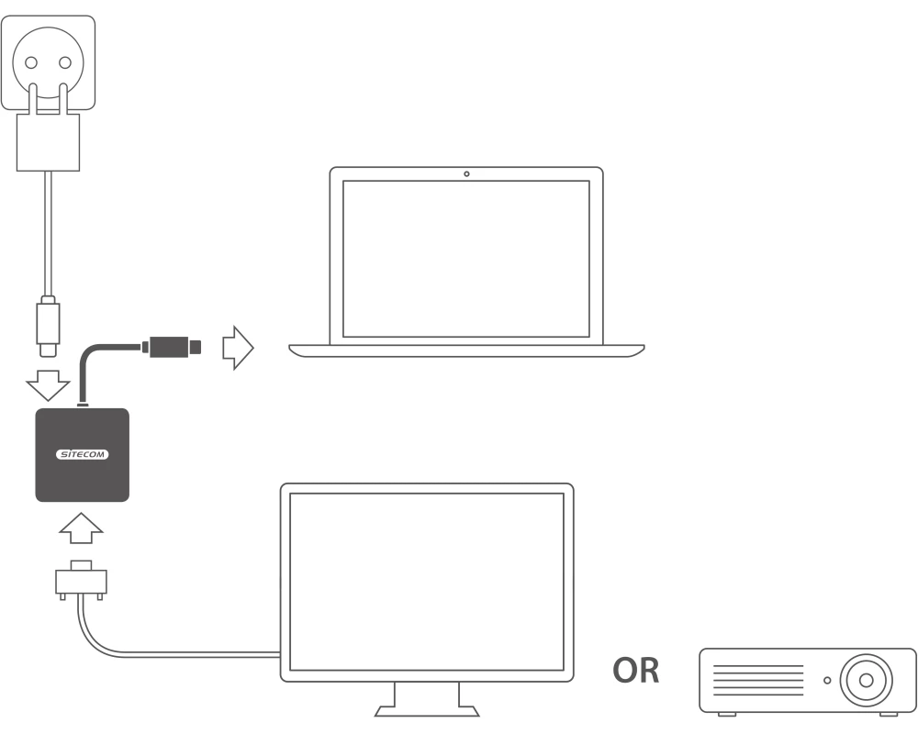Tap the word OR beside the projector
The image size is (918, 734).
point(637,670)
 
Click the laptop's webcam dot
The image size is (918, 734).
point(466,173)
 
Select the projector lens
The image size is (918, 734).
point(865,681)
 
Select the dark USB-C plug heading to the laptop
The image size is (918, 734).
point(171,348)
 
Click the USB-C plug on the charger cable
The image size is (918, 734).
point(48,327)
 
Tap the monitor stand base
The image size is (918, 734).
point(428,707)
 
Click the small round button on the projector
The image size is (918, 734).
point(827,681)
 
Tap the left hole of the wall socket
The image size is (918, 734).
point(32,63)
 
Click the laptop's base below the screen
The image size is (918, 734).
point(466,350)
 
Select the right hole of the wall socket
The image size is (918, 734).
point(65,63)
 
